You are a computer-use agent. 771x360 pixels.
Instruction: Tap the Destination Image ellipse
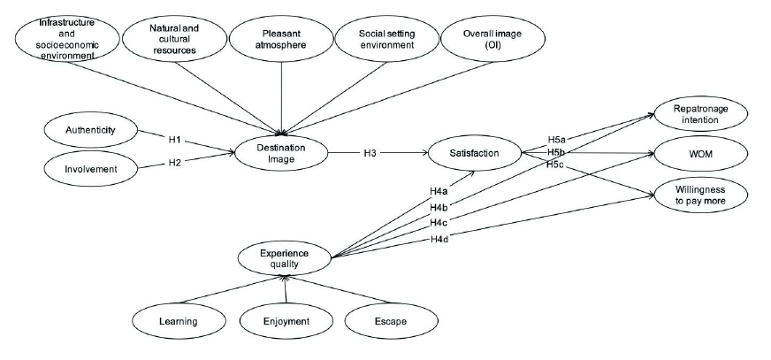281,153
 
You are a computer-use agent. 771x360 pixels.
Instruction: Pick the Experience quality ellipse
284,257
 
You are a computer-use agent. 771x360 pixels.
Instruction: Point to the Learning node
179,320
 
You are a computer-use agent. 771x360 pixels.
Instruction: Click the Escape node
389,320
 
